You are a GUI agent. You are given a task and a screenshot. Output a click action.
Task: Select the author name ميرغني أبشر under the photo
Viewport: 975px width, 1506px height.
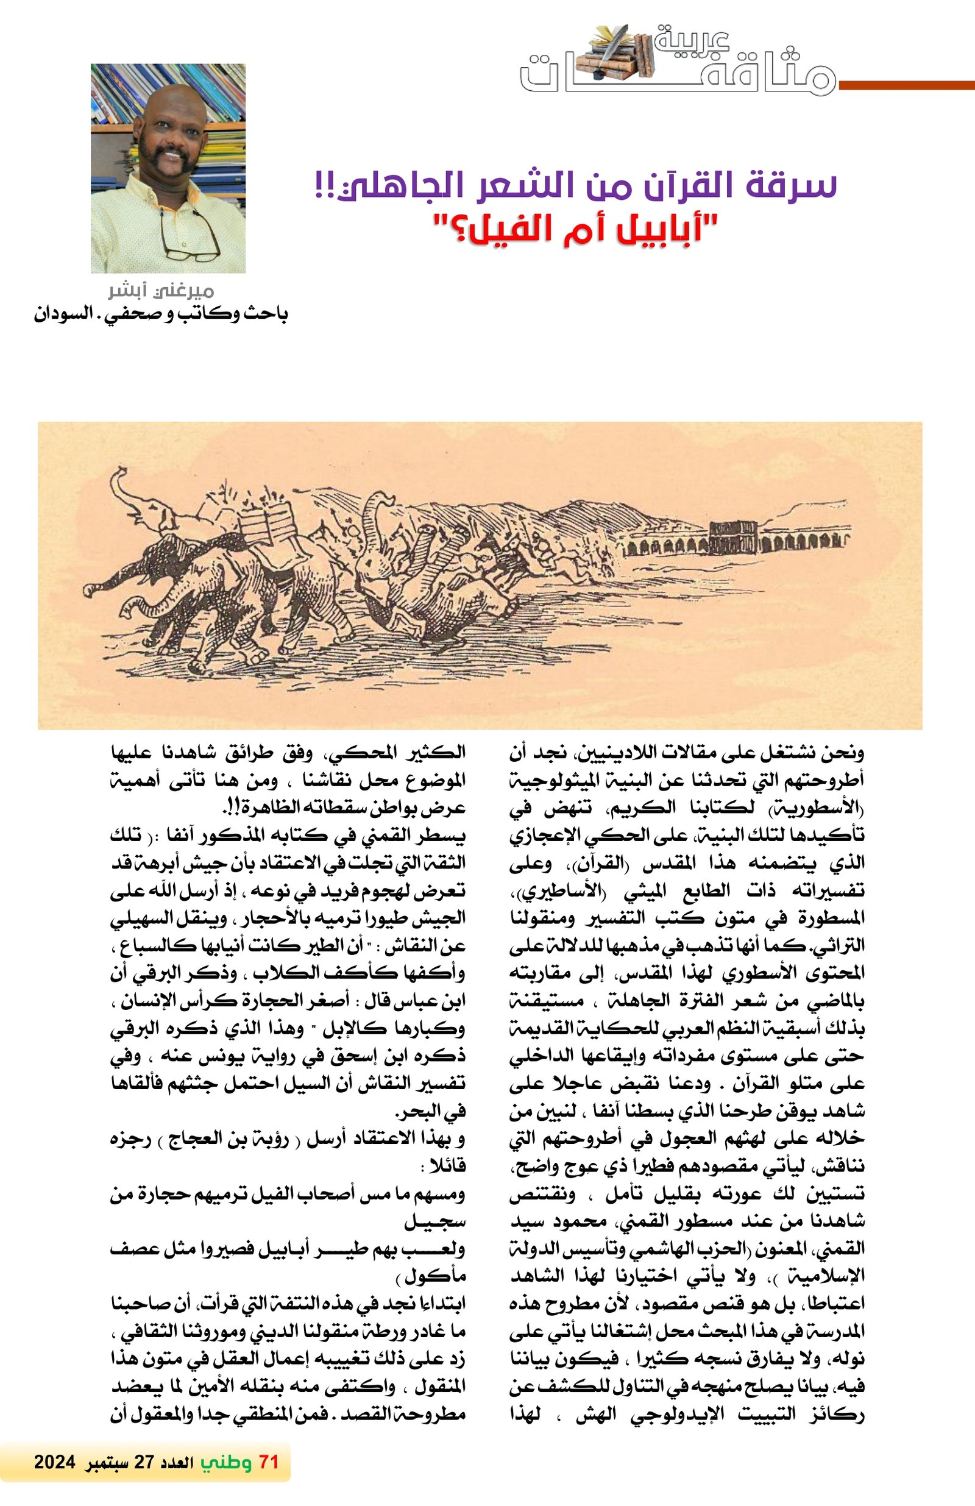pyautogui.click(x=161, y=291)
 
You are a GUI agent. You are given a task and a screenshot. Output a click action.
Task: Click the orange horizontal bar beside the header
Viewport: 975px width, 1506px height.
pyautogui.click(x=905, y=85)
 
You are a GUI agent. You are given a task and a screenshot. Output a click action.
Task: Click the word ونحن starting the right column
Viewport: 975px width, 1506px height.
pyautogui.click(x=845, y=753)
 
